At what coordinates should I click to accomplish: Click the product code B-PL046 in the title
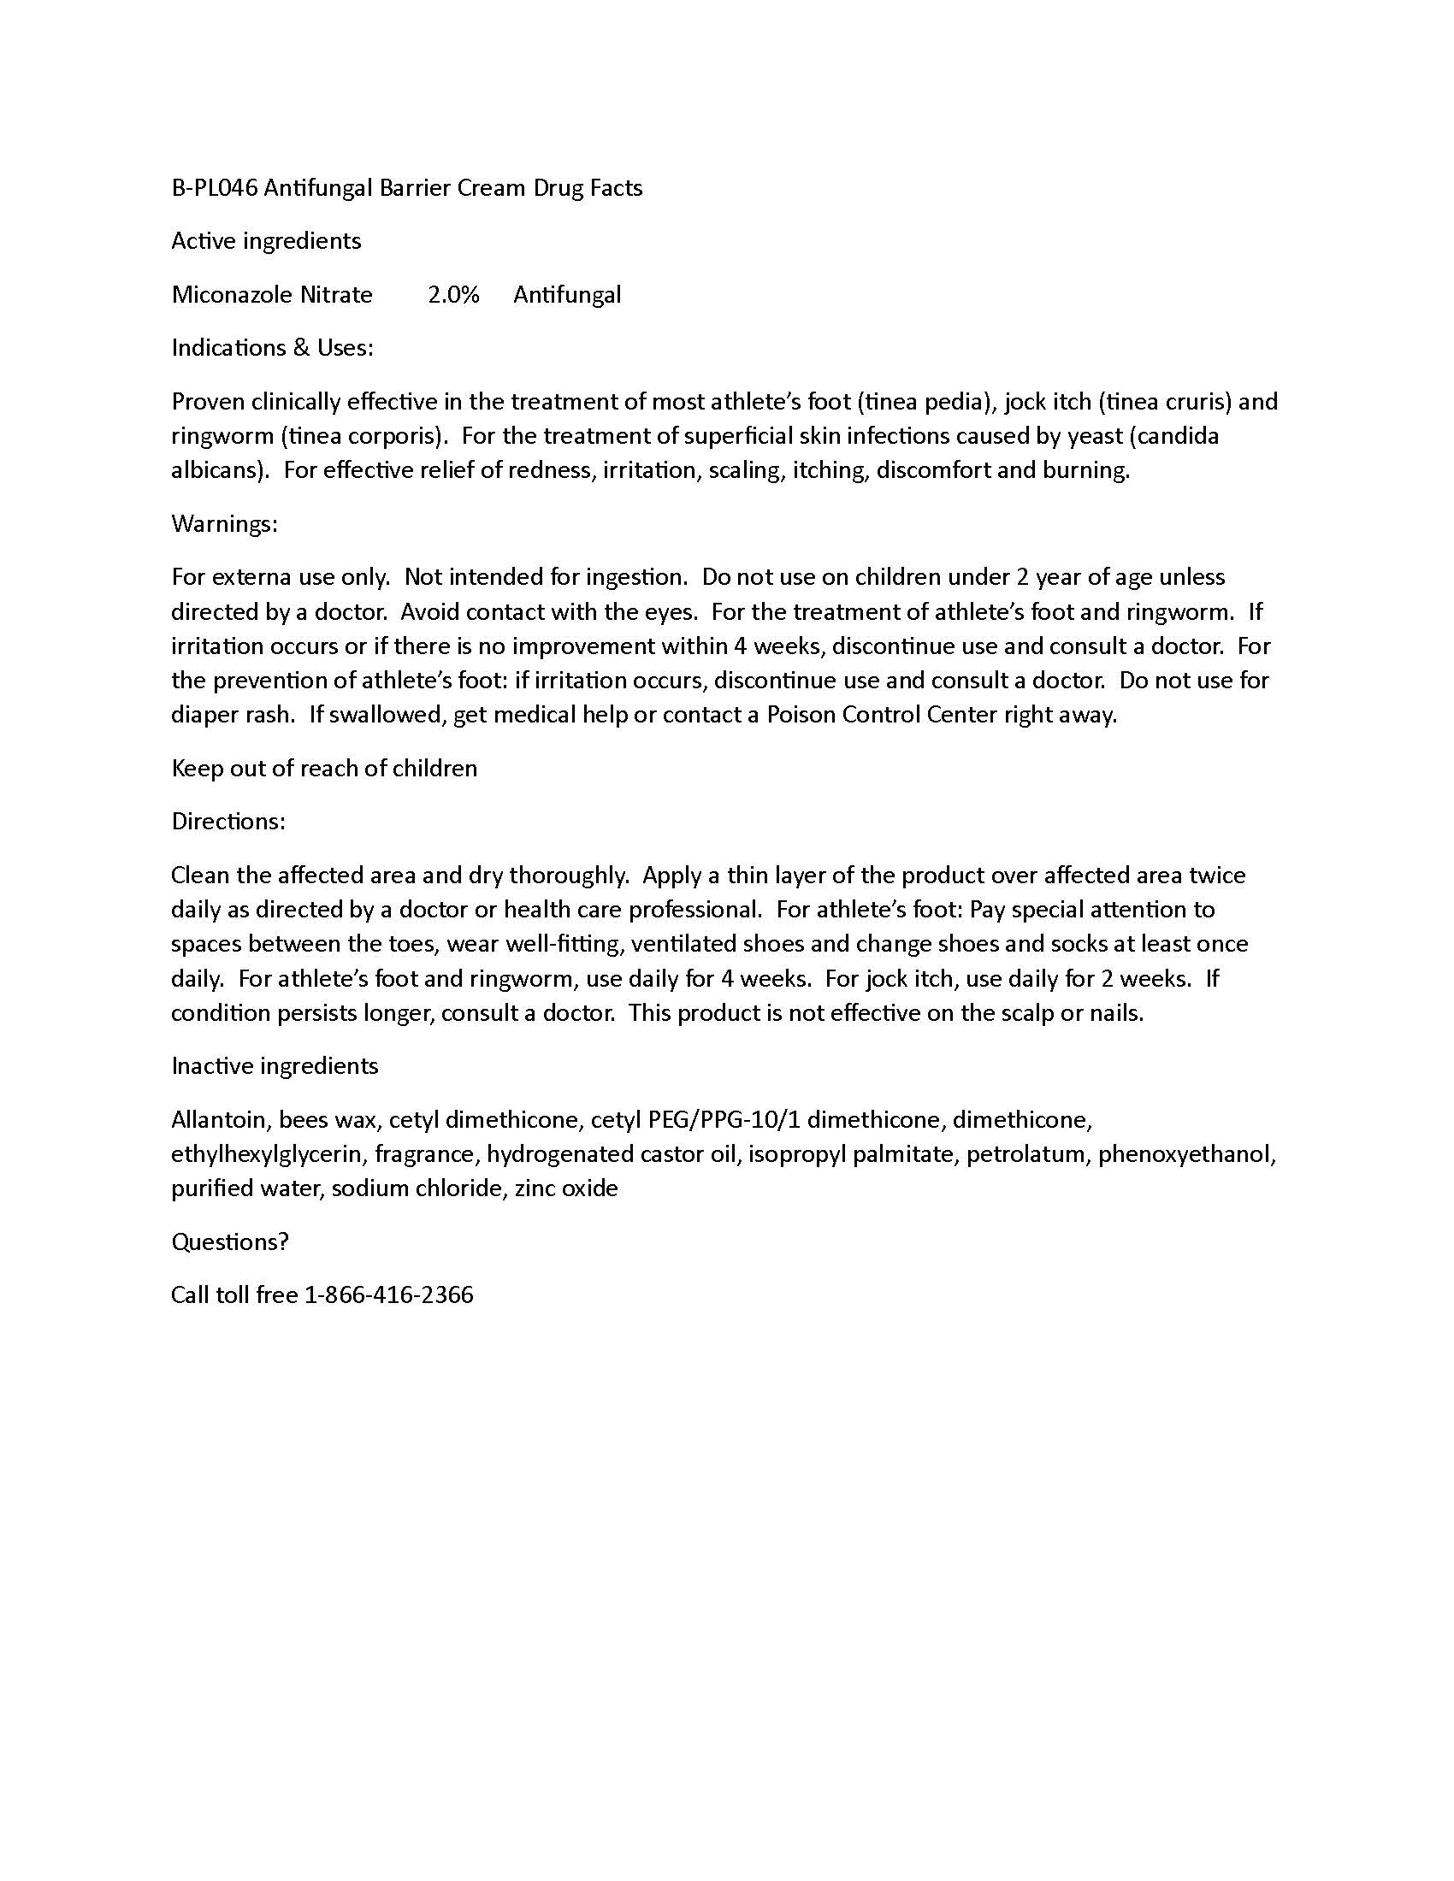click(x=215, y=188)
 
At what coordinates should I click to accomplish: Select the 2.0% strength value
click(x=453, y=295)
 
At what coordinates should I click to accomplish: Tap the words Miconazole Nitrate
click(x=272, y=295)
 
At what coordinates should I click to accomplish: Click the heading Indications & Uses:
click(x=272, y=347)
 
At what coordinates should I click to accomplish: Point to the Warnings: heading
click(x=225, y=523)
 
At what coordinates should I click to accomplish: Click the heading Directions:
click(x=228, y=821)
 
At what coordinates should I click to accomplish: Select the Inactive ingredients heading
click(x=275, y=1065)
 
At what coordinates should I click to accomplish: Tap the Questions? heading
click(x=230, y=1241)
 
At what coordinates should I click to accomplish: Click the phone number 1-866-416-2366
click(x=389, y=1294)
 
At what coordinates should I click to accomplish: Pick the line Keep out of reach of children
click(x=324, y=768)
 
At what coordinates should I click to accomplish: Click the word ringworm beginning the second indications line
click(x=222, y=436)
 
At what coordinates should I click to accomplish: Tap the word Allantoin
click(x=222, y=1119)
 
